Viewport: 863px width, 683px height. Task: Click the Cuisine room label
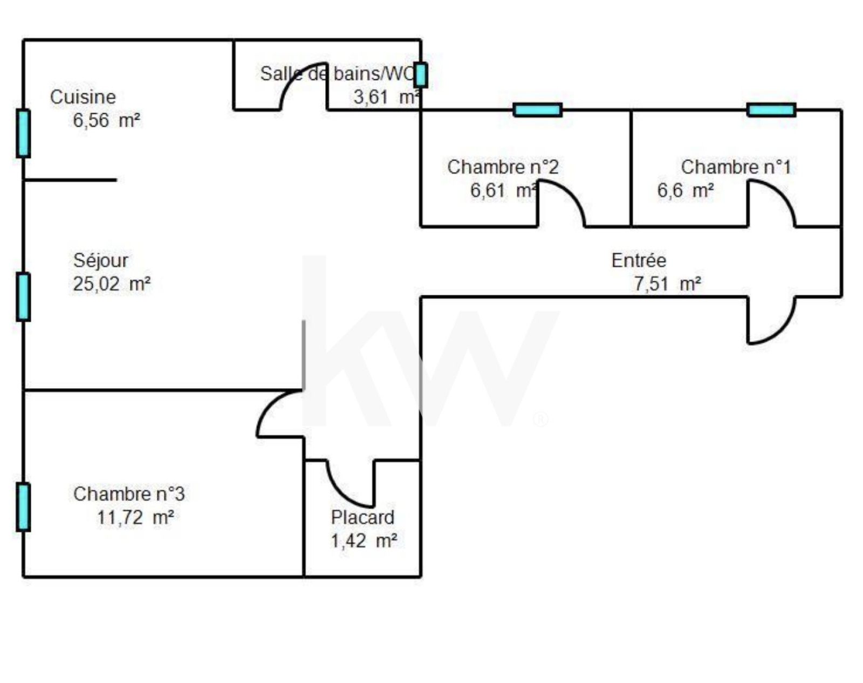83,97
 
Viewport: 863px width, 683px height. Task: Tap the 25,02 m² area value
112,284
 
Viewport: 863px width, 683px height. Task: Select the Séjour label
101,261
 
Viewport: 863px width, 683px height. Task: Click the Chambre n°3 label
129,494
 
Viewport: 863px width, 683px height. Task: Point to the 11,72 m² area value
135,518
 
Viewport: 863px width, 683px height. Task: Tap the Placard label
362,518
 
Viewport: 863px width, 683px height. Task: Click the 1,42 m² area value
364,541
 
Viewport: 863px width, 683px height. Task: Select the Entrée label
639,261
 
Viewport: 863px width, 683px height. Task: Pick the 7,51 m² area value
667,284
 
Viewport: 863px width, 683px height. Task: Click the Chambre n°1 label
736,167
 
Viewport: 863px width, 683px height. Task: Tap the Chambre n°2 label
503,167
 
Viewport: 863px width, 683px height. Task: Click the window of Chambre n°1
771,110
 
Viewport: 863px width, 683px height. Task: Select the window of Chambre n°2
537,110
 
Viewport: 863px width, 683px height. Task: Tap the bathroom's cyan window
421,75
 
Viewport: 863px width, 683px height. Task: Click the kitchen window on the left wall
23,133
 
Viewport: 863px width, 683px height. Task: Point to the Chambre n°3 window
23,507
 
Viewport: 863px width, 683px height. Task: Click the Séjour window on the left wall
23,296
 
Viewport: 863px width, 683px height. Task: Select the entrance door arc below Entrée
777,326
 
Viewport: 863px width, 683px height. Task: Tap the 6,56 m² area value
107,120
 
